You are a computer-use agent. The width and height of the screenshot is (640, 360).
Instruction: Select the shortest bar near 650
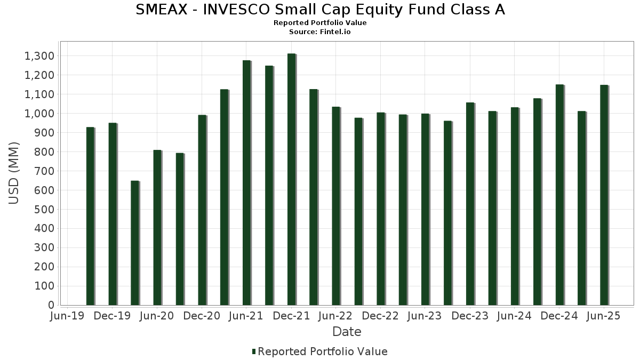(x=135, y=243)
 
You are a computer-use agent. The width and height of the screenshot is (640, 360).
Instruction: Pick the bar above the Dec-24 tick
(x=559, y=195)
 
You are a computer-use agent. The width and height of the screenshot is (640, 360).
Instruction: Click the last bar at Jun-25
(x=604, y=195)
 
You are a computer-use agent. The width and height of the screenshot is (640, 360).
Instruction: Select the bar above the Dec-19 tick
(x=113, y=214)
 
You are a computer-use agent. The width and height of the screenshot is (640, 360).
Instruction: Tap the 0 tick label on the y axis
(x=51, y=305)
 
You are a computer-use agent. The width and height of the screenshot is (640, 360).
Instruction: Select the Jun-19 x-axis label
(x=67, y=316)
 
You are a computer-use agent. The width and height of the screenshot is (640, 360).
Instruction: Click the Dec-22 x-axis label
(x=380, y=316)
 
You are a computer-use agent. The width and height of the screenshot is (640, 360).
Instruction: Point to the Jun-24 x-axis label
(x=514, y=316)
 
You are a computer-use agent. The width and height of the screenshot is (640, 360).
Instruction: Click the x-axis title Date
(x=347, y=332)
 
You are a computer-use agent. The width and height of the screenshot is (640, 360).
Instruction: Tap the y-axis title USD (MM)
(x=14, y=173)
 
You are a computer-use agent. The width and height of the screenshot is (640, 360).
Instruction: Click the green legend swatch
(x=254, y=351)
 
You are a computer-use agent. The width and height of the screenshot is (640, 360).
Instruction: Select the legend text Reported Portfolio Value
(x=323, y=351)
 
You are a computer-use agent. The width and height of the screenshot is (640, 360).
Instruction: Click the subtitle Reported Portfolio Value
(x=320, y=23)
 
